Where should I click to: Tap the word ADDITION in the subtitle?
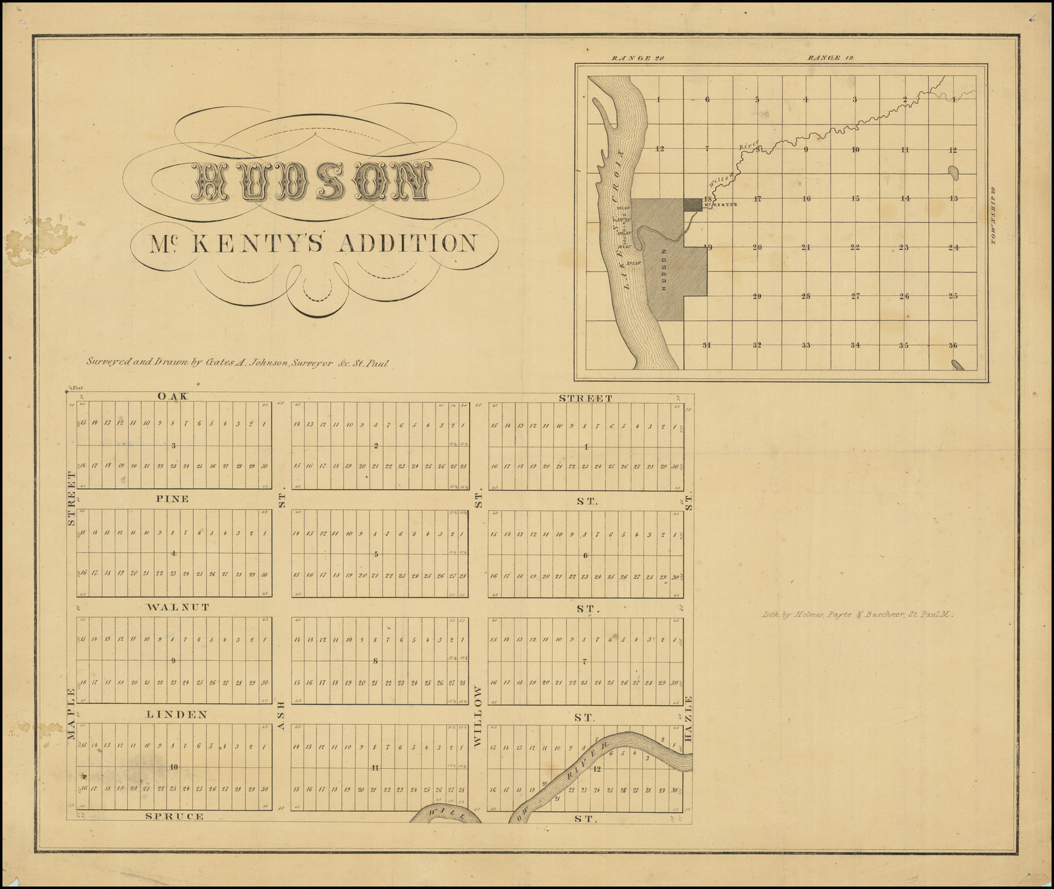[x=406, y=243]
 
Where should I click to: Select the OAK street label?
[x=173, y=396]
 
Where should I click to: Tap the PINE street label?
[x=172, y=499]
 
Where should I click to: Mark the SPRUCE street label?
[x=174, y=816]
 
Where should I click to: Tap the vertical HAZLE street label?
[x=689, y=720]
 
